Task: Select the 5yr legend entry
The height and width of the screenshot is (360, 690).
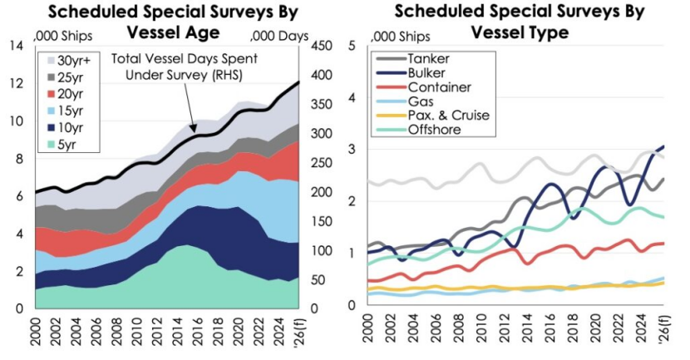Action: [x=71, y=145]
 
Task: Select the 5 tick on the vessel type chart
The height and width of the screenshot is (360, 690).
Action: [x=353, y=47]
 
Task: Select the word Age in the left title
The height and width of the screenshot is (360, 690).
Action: [x=198, y=32]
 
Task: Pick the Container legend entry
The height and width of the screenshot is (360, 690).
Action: [x=439, y=87]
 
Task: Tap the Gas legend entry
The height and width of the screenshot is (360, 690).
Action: [x=420, y=101]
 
